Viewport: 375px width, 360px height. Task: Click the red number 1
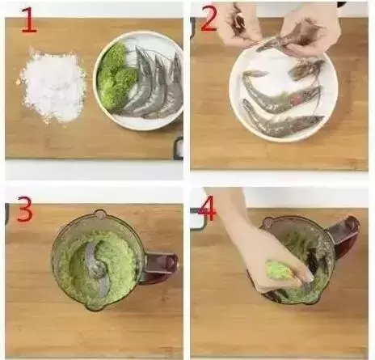coord(29,20)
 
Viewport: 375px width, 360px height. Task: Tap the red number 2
coord(209,19)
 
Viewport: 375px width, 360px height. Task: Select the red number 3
coord(25,210)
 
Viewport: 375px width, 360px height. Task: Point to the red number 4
coord(207,211)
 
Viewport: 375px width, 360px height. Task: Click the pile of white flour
coord(53,86)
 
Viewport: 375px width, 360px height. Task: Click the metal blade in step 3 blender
coord(96,267)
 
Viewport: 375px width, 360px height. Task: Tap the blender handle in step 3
coord(161,265)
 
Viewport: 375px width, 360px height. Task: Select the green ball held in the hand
coord(278,271)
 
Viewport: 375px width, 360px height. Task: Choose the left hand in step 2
coord(237,22)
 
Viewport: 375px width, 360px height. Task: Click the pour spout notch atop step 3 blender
coord(99,214)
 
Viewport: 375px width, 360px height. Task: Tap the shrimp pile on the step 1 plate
coord(155,83)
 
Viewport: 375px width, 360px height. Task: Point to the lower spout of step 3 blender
coord(93,307)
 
